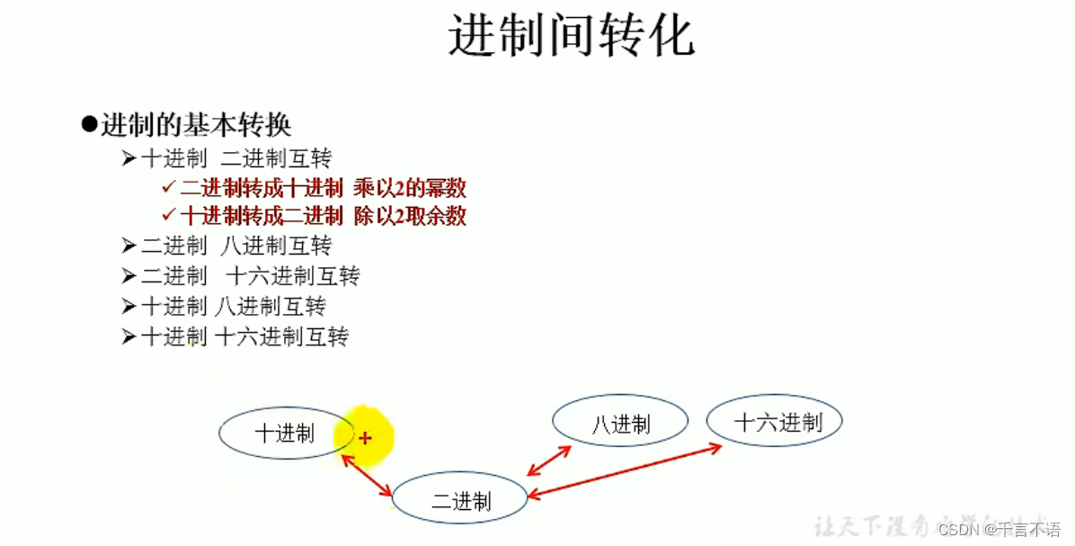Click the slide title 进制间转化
(571, 37)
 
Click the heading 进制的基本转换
(195, 125)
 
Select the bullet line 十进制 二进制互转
(236, 159)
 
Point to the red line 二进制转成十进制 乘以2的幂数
(323, 188)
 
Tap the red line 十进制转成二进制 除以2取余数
(323, 216)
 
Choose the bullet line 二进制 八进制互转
(236, 246)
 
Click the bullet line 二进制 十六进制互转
(250, 275)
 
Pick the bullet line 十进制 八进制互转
(234, 306)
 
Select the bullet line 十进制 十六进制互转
(244, 336)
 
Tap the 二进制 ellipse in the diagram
(459, 499)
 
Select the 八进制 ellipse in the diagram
(620, 424)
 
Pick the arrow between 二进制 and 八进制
(549, 461)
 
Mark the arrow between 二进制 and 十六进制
(626, 469)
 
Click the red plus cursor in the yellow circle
(365, 438)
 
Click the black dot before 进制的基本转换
(88, 124)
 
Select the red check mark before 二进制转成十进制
(168, 188)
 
